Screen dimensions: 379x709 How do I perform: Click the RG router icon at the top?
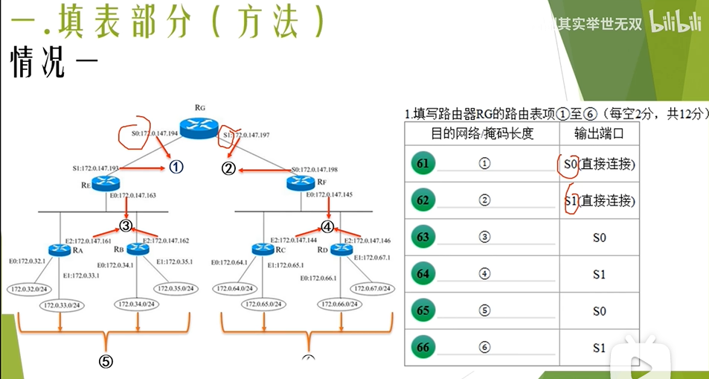click(199, 128)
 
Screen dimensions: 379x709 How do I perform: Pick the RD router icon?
click(341, 249)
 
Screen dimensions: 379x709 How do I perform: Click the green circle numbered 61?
click(423, 163)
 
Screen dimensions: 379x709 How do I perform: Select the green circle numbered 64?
click(423, 274)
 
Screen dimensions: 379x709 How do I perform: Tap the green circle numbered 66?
click(423, 347)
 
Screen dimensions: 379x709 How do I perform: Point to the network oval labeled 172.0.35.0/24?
click(176, 288)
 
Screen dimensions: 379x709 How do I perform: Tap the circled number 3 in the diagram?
click(126, 226)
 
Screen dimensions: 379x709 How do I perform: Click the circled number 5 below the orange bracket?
click(106, 362)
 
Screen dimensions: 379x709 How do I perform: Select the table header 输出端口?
click(598, 133)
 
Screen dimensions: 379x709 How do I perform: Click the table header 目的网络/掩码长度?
click(481, 133)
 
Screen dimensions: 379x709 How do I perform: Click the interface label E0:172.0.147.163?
click(133, 195)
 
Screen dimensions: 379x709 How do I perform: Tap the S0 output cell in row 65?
click(599, 310)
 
